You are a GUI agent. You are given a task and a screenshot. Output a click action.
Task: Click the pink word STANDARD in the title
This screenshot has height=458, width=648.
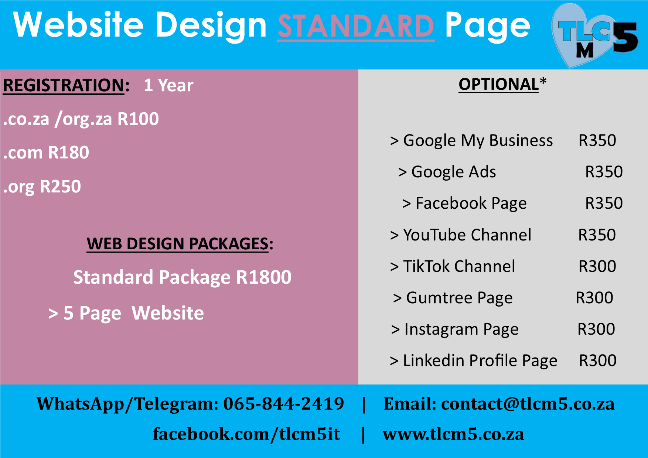pyautogui.click(x=356, y=26)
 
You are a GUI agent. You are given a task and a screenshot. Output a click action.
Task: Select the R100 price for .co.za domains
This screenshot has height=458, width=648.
pyautogui.click(x=138, y=119)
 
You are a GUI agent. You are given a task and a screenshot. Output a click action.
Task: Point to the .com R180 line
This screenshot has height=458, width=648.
pyautogui.click(x=46, y=153)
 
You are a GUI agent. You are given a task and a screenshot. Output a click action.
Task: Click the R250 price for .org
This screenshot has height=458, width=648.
pyautogui.click(x=60, y=187)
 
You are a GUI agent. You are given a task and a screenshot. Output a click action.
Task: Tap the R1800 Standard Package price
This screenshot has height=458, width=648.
pyautogui.click(x=264, y=277)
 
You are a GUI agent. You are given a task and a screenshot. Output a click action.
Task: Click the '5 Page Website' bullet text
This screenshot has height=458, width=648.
pyautogui.click(x=133, y=313)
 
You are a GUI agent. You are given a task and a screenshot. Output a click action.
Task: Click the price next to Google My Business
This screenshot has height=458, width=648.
pyautogui.click(x=597, y=140)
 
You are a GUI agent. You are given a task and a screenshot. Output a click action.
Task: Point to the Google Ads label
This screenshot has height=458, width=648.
pyautogui.click(x=454, y=172)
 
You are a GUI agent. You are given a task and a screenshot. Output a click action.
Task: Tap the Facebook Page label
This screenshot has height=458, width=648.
pyautogui.click(x=471, y=204)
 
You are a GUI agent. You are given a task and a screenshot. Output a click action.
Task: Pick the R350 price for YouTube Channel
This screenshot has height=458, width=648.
pyautogui.click(x=597, y=235)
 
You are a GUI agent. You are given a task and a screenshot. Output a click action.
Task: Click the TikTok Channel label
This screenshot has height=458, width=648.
pyautogui.click(x=459, y=266)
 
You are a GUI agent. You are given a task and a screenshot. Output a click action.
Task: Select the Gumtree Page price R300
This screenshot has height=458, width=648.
pyautogui.click(x=594, y=298)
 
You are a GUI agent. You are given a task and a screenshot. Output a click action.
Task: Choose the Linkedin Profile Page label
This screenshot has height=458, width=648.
pyautogui.click(x=480, y=361)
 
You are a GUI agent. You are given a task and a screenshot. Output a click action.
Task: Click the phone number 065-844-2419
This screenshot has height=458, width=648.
pyautogui.click(x=284, y=403)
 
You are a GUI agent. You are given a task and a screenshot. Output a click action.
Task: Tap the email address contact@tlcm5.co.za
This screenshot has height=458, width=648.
pyautogui.click(x=528, y=403)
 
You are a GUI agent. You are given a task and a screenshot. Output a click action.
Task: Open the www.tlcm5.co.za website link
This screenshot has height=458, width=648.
pyautogui.click(x=453, y=434)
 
